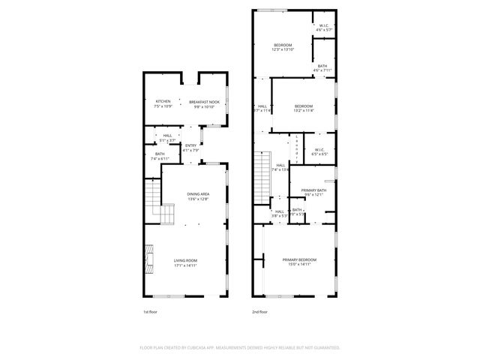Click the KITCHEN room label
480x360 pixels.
pos(163,101)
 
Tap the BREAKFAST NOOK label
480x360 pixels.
pos(204,101)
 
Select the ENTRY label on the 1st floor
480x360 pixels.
pos(190,145)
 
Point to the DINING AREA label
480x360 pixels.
pos(198,194)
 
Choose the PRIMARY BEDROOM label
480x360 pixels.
pos(299,259)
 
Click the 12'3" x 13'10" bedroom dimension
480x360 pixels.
pos(283,49)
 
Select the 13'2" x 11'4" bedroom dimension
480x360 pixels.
pos(303,110)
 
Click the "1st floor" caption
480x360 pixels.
pos(151,311)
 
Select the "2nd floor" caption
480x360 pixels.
pos(259,311)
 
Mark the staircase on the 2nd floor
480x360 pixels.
pos(262,173)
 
